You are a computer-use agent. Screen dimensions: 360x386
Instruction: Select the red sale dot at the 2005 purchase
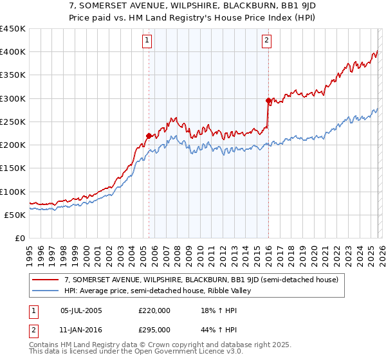pos(149,136)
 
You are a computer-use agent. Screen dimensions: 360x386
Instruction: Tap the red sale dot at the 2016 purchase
pos(268,100)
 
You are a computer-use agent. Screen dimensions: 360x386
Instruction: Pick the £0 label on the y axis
pos(19,238)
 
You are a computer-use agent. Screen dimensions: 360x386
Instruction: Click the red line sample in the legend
pos(46,280)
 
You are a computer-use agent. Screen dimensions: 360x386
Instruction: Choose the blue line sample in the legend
pos(46,291)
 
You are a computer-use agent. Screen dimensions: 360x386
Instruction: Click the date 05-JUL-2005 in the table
pos(80,310)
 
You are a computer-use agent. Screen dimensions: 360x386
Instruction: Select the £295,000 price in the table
pos(154,329)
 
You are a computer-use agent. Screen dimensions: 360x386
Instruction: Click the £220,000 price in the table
pos(154,310)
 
